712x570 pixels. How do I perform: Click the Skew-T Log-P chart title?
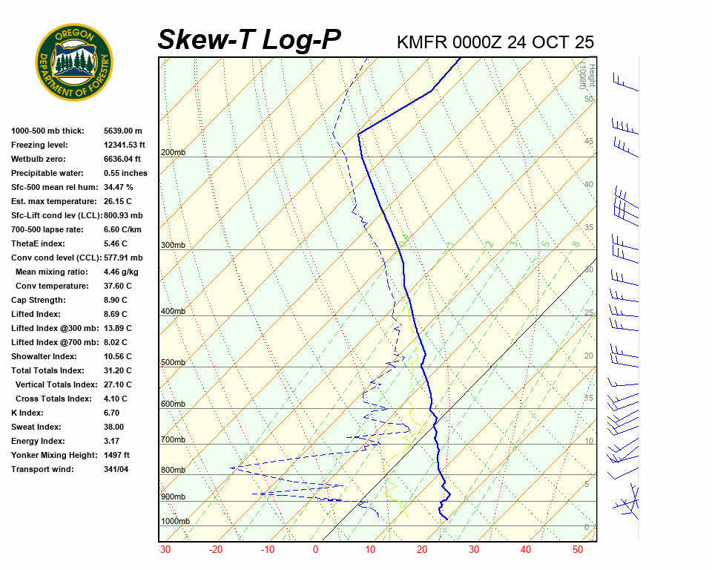click(250, 40)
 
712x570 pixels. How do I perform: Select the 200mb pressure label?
click(173, 153)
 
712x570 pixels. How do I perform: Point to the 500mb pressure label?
click(173, 362)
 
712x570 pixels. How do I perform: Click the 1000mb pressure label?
click(175, 521)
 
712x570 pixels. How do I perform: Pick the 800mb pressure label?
click(173, 470)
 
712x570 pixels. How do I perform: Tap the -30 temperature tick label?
click(165, 550)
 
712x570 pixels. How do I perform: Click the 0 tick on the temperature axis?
click(315, 550)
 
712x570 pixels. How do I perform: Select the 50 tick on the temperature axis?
click(578, 550)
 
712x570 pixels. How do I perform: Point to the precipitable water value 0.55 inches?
click(125, 173)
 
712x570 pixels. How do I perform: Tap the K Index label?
click(27, 413)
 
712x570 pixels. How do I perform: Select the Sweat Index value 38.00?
click(113, 427)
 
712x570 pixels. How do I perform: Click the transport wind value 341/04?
click(116, 469)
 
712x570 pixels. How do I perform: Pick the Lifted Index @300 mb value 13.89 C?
click(118, 328)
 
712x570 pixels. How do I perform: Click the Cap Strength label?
click(38, 300)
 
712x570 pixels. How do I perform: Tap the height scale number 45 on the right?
click(589, 141)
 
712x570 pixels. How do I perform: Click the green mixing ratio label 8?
click(575, 243)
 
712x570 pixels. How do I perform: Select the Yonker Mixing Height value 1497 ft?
click(117, 455)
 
